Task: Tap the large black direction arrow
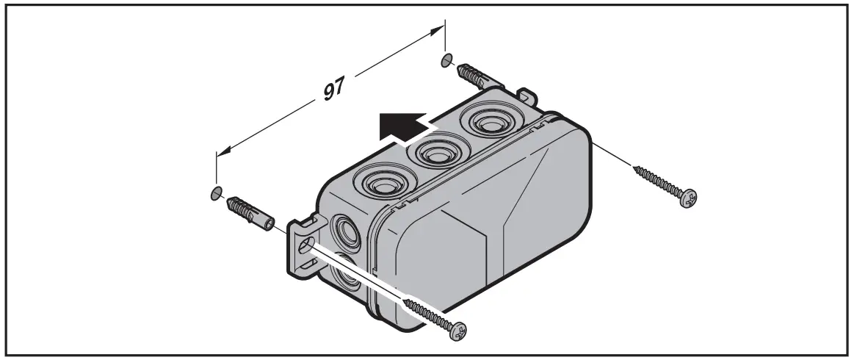coord(402,126)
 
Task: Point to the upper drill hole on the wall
coord(447,59)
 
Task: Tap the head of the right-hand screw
coord(688,197)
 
